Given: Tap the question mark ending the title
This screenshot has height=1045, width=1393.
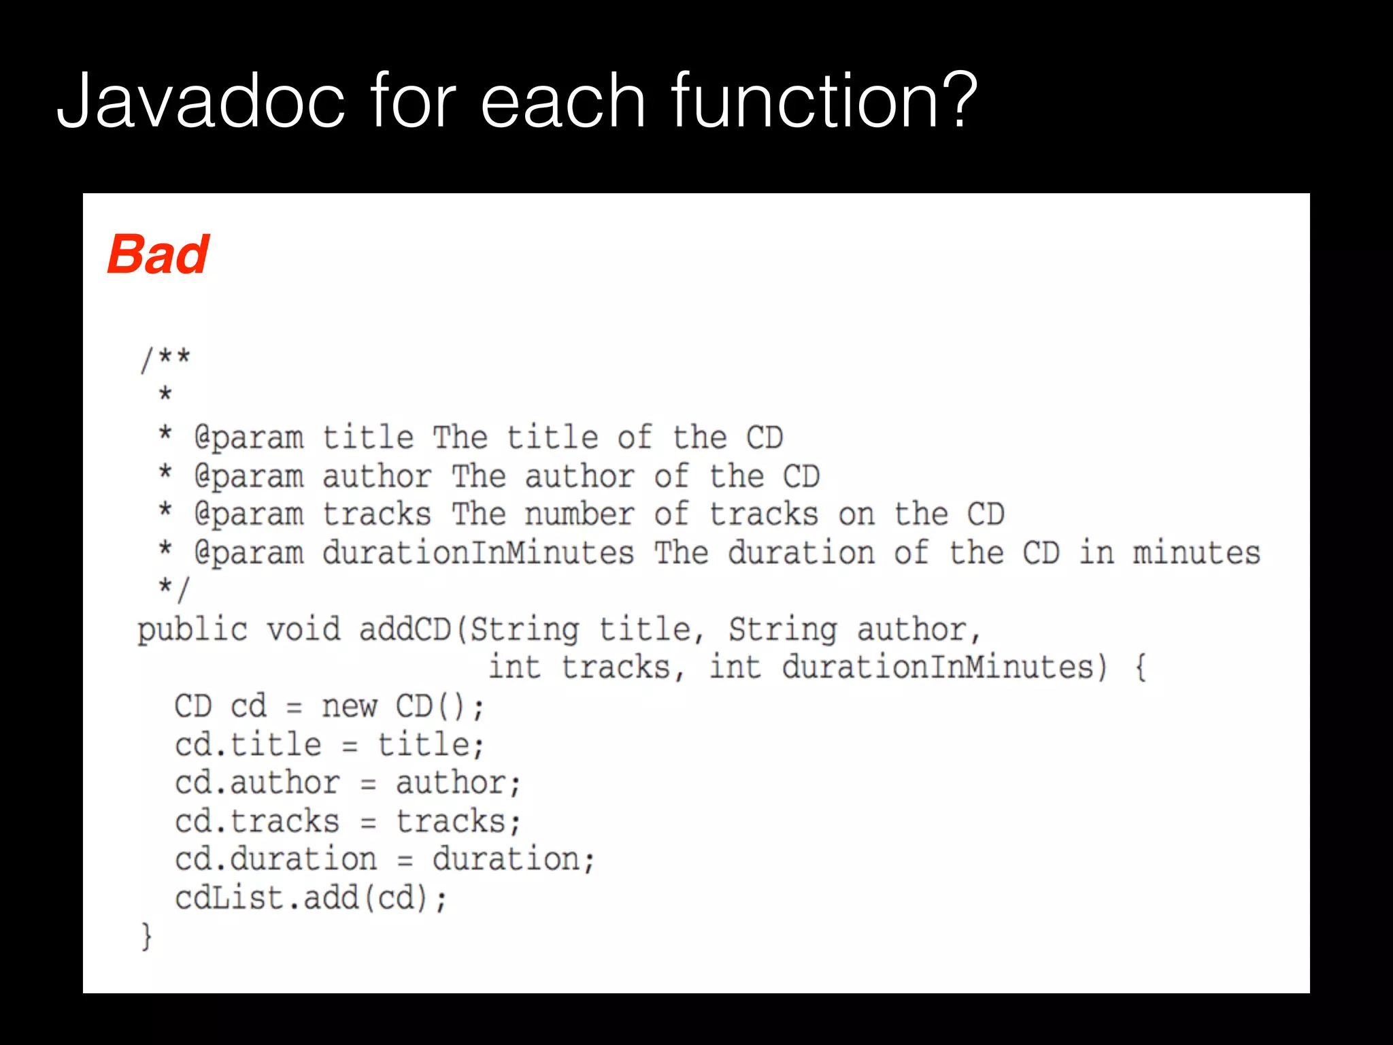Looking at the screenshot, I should (958, 102).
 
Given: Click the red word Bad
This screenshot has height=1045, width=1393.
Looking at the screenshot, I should (158, 254).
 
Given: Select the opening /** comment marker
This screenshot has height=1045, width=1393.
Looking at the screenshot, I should (165, 359).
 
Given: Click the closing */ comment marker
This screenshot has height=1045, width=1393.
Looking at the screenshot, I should (174, 588).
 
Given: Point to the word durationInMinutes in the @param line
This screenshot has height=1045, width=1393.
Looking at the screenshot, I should (478, 552).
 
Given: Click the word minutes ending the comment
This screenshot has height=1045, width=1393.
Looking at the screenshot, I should (1196, 552).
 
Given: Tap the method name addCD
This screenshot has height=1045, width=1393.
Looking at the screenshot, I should (405, 629).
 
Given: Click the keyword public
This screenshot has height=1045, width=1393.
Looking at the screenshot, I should (192, 629).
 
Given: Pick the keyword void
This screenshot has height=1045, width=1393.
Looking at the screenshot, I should (303, 629).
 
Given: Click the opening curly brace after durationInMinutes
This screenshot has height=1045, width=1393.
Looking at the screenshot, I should (1141, 667).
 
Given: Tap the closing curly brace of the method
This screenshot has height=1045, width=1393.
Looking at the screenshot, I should (146, 936).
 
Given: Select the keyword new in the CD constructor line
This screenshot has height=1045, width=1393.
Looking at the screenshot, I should (349, 706).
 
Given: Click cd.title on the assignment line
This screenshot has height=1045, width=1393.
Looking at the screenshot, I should (248, 744).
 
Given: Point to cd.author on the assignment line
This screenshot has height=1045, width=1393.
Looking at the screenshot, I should (257, 782).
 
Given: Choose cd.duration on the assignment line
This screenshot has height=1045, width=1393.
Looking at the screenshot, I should (275, 859).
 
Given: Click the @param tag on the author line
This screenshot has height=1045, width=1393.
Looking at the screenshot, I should (249, 476).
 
